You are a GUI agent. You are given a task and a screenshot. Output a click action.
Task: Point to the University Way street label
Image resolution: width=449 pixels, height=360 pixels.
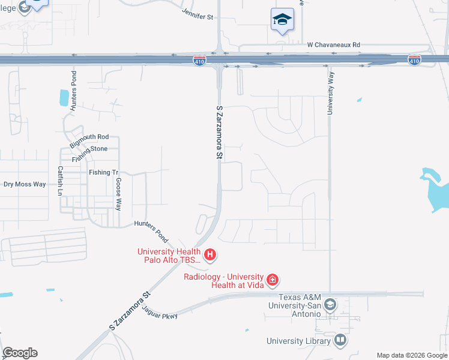pyautogui.click(x=330, y=98)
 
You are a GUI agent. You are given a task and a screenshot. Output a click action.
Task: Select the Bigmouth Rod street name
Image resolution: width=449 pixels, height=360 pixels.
pyautogui.click(x=89, y=141)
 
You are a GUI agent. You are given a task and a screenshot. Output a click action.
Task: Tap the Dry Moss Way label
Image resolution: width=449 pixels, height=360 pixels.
pyautogui.click(x=25, y=184)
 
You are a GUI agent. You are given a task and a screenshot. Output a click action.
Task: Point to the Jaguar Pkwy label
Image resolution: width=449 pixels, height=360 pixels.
pyautogui.click(x=160, y=312)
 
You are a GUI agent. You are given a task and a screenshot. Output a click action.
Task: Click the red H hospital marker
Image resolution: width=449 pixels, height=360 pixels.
pyautogui.click(x=210, y=255)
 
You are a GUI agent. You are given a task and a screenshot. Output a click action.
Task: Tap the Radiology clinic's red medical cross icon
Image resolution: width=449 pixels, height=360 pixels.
pyautogui.click(x=273, y=279)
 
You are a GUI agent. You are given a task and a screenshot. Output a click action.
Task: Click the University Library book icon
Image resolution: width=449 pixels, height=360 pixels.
pyautogui.click(x=340, y=341)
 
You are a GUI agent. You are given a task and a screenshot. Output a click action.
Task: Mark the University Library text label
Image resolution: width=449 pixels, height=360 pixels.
pyautogui.click(x=299, y=341)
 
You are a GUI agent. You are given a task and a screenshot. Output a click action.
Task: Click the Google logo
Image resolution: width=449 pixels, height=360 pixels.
pyautogui.click(x=20, y=353)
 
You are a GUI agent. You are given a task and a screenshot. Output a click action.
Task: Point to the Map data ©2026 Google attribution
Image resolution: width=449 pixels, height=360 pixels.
pyautogui.click(x=411, y=355)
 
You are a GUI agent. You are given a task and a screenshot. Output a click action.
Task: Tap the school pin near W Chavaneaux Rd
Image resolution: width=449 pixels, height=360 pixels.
pyautogui.click(x=282, y=20)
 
